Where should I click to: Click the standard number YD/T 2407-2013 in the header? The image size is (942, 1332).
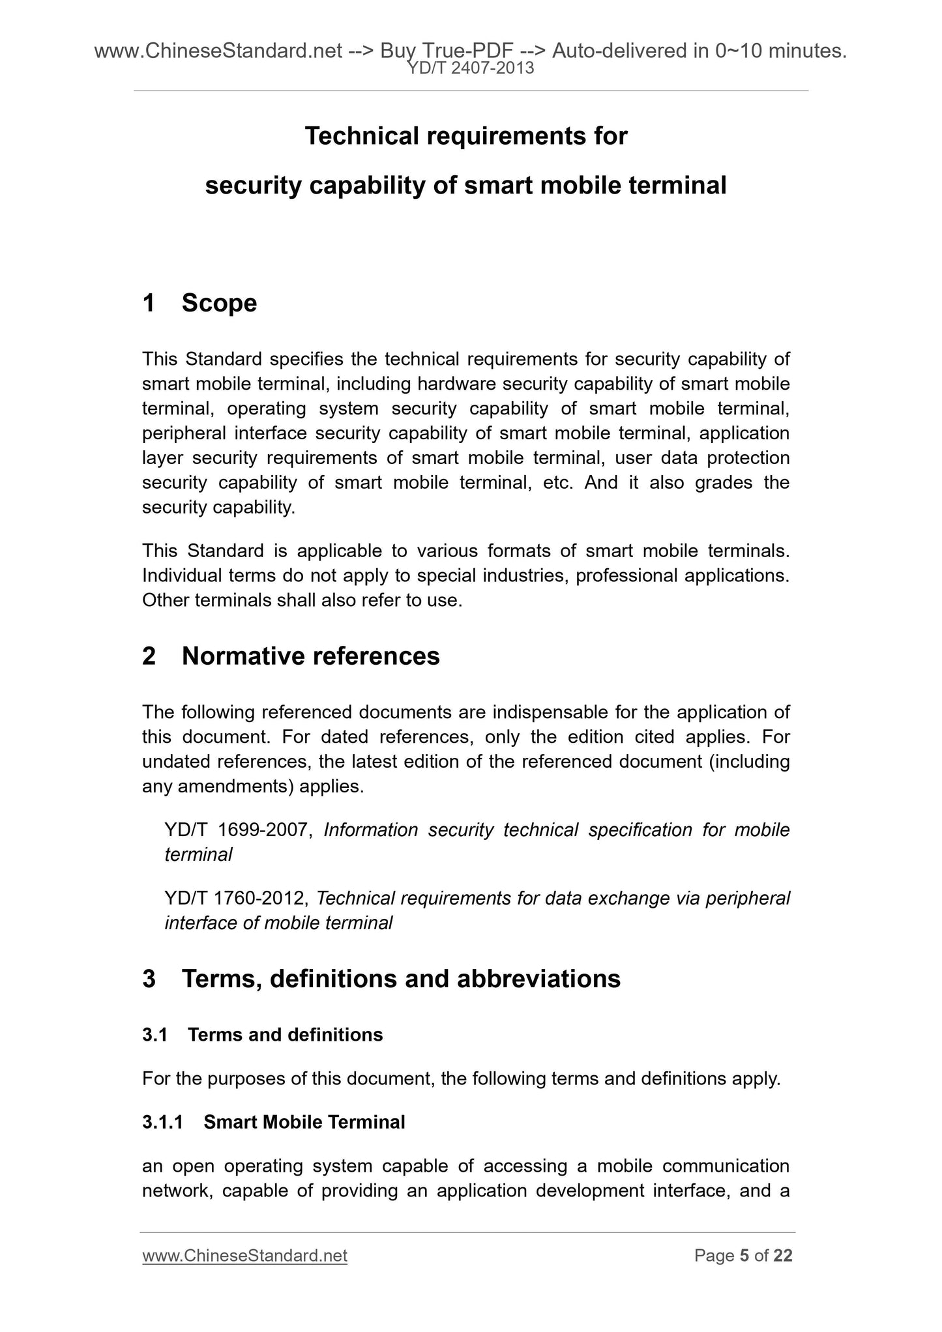[471, 68]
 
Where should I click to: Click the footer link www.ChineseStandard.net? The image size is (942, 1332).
[244, 1255]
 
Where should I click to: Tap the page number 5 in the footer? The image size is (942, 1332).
[744, 1255]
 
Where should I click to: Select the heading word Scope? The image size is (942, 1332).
[219, 303]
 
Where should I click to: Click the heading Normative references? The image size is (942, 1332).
[310, 656]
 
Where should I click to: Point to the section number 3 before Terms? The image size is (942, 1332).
[149, 979]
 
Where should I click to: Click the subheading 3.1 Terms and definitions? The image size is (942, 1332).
[262, 1035]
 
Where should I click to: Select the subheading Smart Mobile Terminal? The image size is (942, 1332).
[304, 1122]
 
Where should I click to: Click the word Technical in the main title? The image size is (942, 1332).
[362, 136]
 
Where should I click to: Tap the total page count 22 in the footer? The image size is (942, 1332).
[782, 1255]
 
